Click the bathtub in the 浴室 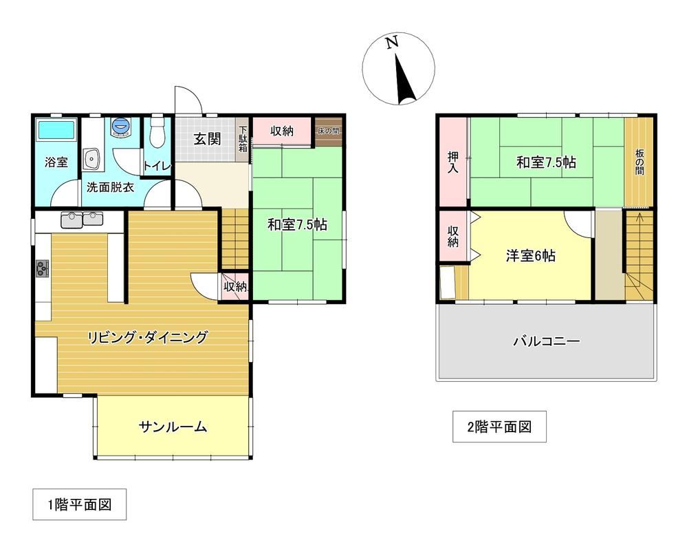coord(56,129)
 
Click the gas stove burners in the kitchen coord(43,268)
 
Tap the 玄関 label coord(207,139)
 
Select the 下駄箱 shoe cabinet coord(242,140)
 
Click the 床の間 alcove coord(329,131)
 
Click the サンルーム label coord(173,426)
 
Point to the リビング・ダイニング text coord(147,337)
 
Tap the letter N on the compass coord(392,42)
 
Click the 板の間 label coord(640,162)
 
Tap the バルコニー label coord(547,341)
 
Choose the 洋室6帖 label coord(531,255)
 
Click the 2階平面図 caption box coord(499,427)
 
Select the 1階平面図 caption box coord(80,504)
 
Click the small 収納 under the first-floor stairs coord(235,287)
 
